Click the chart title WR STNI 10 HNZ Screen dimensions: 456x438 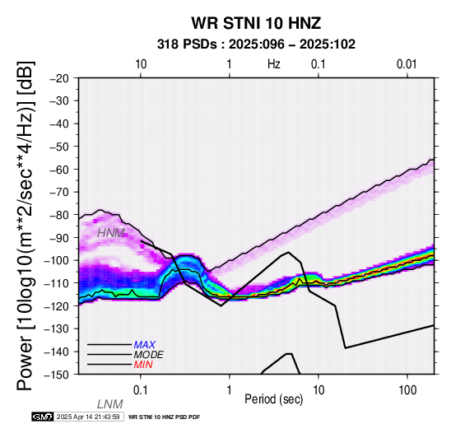(x=256, y=23)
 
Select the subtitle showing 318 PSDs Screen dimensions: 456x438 (x=256, y=44)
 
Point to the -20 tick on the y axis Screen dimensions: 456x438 (x=58, y=78)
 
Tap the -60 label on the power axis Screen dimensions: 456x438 (x=58, y=170)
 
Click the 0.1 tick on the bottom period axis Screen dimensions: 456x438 (x=140, y=390)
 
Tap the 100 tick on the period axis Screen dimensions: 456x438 (x=407, y=390)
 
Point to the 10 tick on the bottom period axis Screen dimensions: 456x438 (x=319, y=390)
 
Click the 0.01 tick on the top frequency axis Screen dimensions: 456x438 (x=407, y=64)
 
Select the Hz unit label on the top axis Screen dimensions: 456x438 (x=273, y=64)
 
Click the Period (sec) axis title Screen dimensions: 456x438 (x=273, y=399)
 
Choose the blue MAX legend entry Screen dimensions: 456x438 (x=145, y=345)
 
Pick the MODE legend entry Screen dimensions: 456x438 (x=149, y=355)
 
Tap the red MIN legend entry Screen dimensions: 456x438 (x=143, y=365)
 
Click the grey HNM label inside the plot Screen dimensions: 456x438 (x=111, y=233)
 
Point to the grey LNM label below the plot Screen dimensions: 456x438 (x=110, y=404)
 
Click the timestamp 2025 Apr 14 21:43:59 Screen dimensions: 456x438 (x=88, y=417)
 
